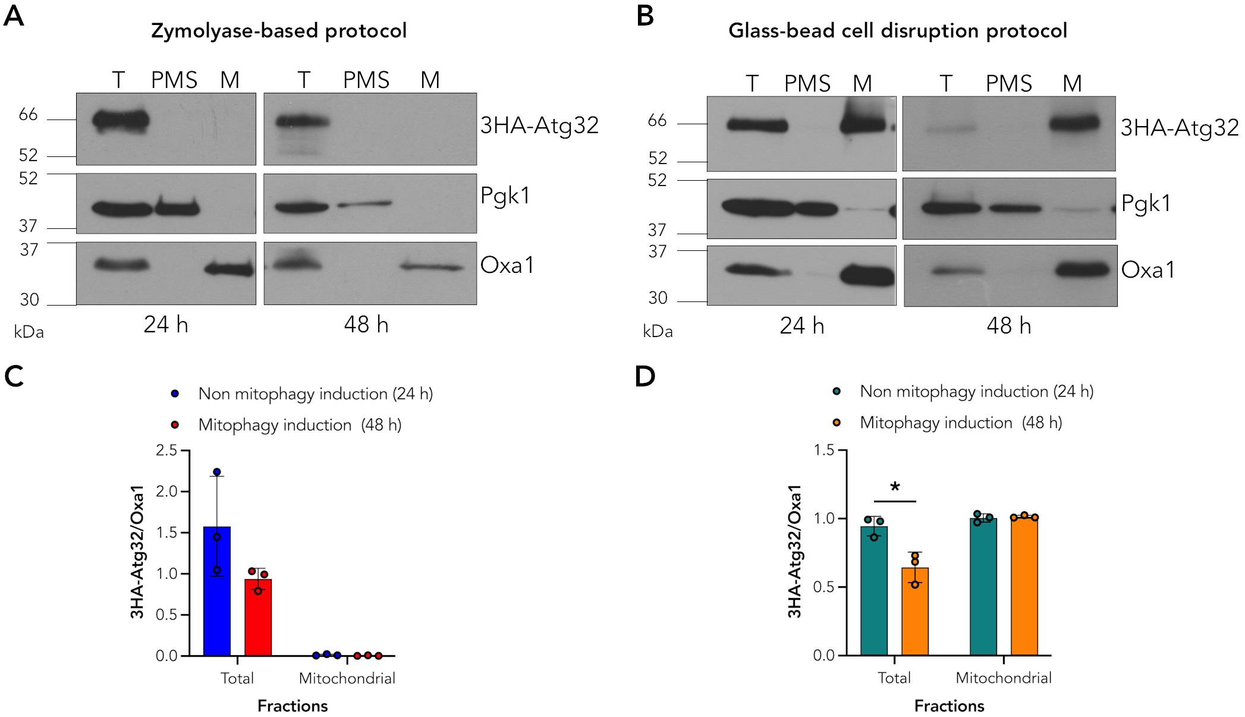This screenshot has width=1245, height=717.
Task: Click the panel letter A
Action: (14, 16)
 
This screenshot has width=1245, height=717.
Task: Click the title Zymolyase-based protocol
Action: (279, 31)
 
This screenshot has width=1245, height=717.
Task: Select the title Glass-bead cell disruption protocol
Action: (898, 31)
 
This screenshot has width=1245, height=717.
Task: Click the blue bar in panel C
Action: (217, 591)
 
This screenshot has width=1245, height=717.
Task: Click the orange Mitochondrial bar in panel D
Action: (1024, 586)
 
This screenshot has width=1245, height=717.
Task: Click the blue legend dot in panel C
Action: (175, 394)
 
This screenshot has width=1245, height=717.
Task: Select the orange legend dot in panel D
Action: (837, 423)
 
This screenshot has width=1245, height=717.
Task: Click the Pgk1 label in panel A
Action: (505, 195)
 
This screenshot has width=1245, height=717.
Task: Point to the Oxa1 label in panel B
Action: (1148, 271)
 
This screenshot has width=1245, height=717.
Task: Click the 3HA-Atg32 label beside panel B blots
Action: (1180, 127)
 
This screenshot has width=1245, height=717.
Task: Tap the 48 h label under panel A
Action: (366, 325)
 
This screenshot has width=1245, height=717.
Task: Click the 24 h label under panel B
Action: (802, 326)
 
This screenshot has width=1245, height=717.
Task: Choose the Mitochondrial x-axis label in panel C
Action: (347, 678)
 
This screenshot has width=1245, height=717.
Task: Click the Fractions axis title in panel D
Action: (949, 706)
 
